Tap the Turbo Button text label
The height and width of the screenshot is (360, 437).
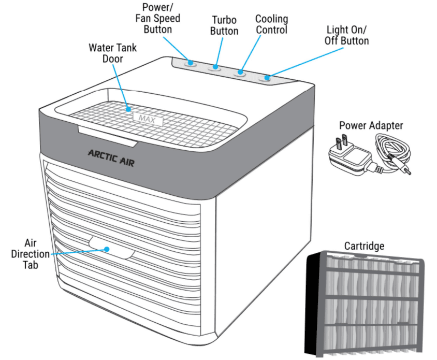click(225, 25)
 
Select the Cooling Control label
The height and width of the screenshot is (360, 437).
click(271, 24)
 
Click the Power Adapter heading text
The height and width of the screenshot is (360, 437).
click(371, 125)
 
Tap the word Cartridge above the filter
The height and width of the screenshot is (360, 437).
click(364, 246)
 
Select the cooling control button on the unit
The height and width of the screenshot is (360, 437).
click(240, 73)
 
